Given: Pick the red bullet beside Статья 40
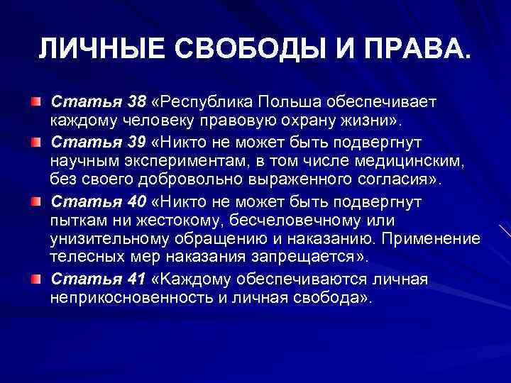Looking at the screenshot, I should (x=35, y=203).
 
